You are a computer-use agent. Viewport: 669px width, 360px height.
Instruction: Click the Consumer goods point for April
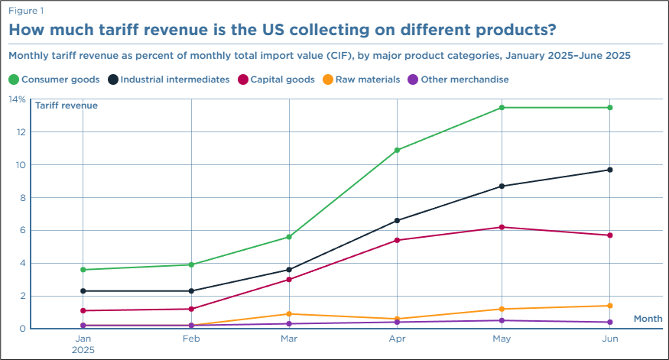tap(397, 151)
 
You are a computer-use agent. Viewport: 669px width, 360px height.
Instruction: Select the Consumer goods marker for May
tap(502, 108)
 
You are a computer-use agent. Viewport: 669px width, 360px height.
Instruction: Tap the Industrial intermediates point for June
tap(609, 170)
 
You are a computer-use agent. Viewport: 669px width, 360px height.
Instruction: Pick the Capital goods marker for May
tap(502, 227)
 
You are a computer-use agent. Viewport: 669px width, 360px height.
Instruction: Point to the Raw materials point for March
tap(290, 314)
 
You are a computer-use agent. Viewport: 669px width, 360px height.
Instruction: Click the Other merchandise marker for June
tap(609, 322)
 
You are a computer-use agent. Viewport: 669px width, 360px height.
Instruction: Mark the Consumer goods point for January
tap(83, 270)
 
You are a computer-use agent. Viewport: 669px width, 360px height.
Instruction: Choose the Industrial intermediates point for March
tap(290, 270)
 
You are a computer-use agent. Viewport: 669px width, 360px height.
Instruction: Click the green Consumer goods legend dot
tap(13, 79)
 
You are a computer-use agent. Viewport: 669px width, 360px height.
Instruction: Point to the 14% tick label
tap(17, 99)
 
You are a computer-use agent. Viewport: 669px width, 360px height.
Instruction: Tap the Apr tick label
tap(397, 338)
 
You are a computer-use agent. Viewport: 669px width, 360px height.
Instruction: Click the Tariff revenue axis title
tap(67, 105)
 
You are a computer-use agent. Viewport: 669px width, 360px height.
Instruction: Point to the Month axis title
tap(648, 319)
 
